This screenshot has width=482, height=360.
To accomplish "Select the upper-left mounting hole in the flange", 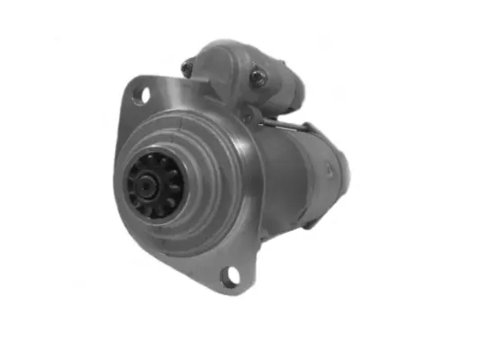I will [140, 94].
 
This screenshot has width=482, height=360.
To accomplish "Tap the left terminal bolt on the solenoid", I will [188, 67].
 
